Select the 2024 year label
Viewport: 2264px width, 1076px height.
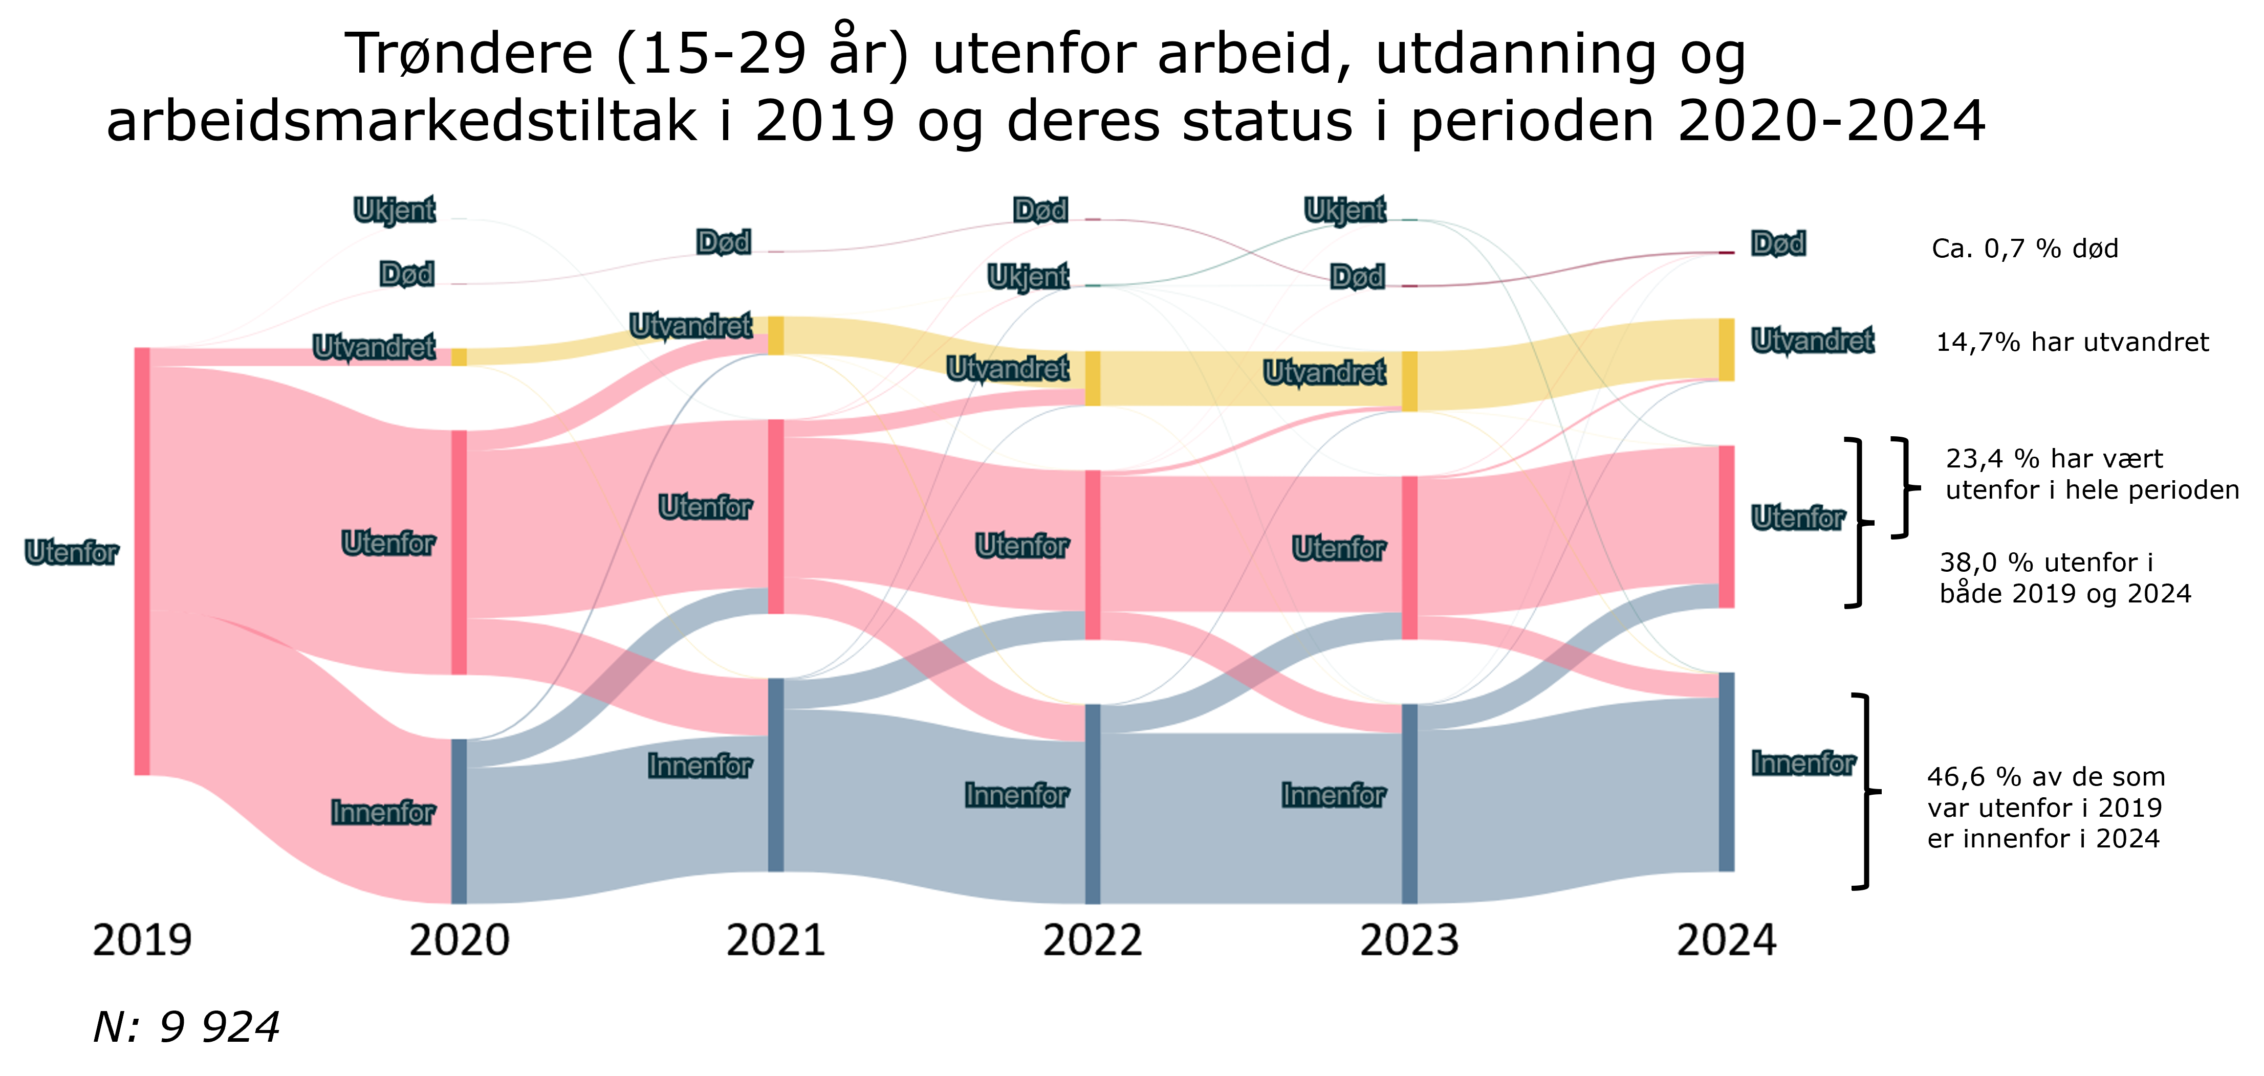click(x=1726, y=940)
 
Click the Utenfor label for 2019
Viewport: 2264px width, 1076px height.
click(x=71, y=552)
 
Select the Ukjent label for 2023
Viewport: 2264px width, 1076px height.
click(x=1345, y=210)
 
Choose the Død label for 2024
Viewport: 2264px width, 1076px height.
click(x=1778, y=243)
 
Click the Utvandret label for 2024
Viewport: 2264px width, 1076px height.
click(x=1812, y=340)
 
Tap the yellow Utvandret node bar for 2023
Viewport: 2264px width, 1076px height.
click(x=1409, y=381)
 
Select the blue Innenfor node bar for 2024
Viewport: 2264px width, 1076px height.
click(x=1726, y=772)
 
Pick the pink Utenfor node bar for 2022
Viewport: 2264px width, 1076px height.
click(x=1093, y=554)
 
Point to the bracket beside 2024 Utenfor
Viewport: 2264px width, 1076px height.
click(x=1856, y=523)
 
